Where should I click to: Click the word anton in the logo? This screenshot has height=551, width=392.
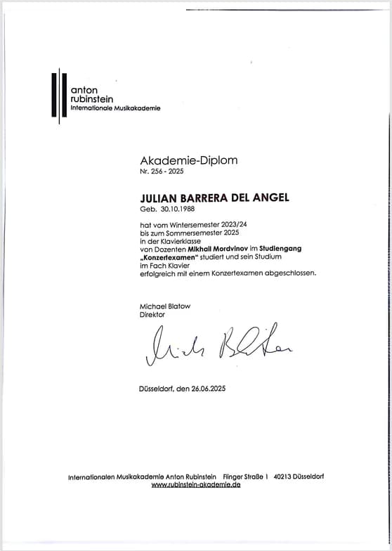(84, 90)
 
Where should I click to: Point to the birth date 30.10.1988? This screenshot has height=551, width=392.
(172, 209)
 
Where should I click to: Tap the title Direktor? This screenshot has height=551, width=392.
(153, 315)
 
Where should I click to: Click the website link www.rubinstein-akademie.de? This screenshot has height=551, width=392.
(195, 485)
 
